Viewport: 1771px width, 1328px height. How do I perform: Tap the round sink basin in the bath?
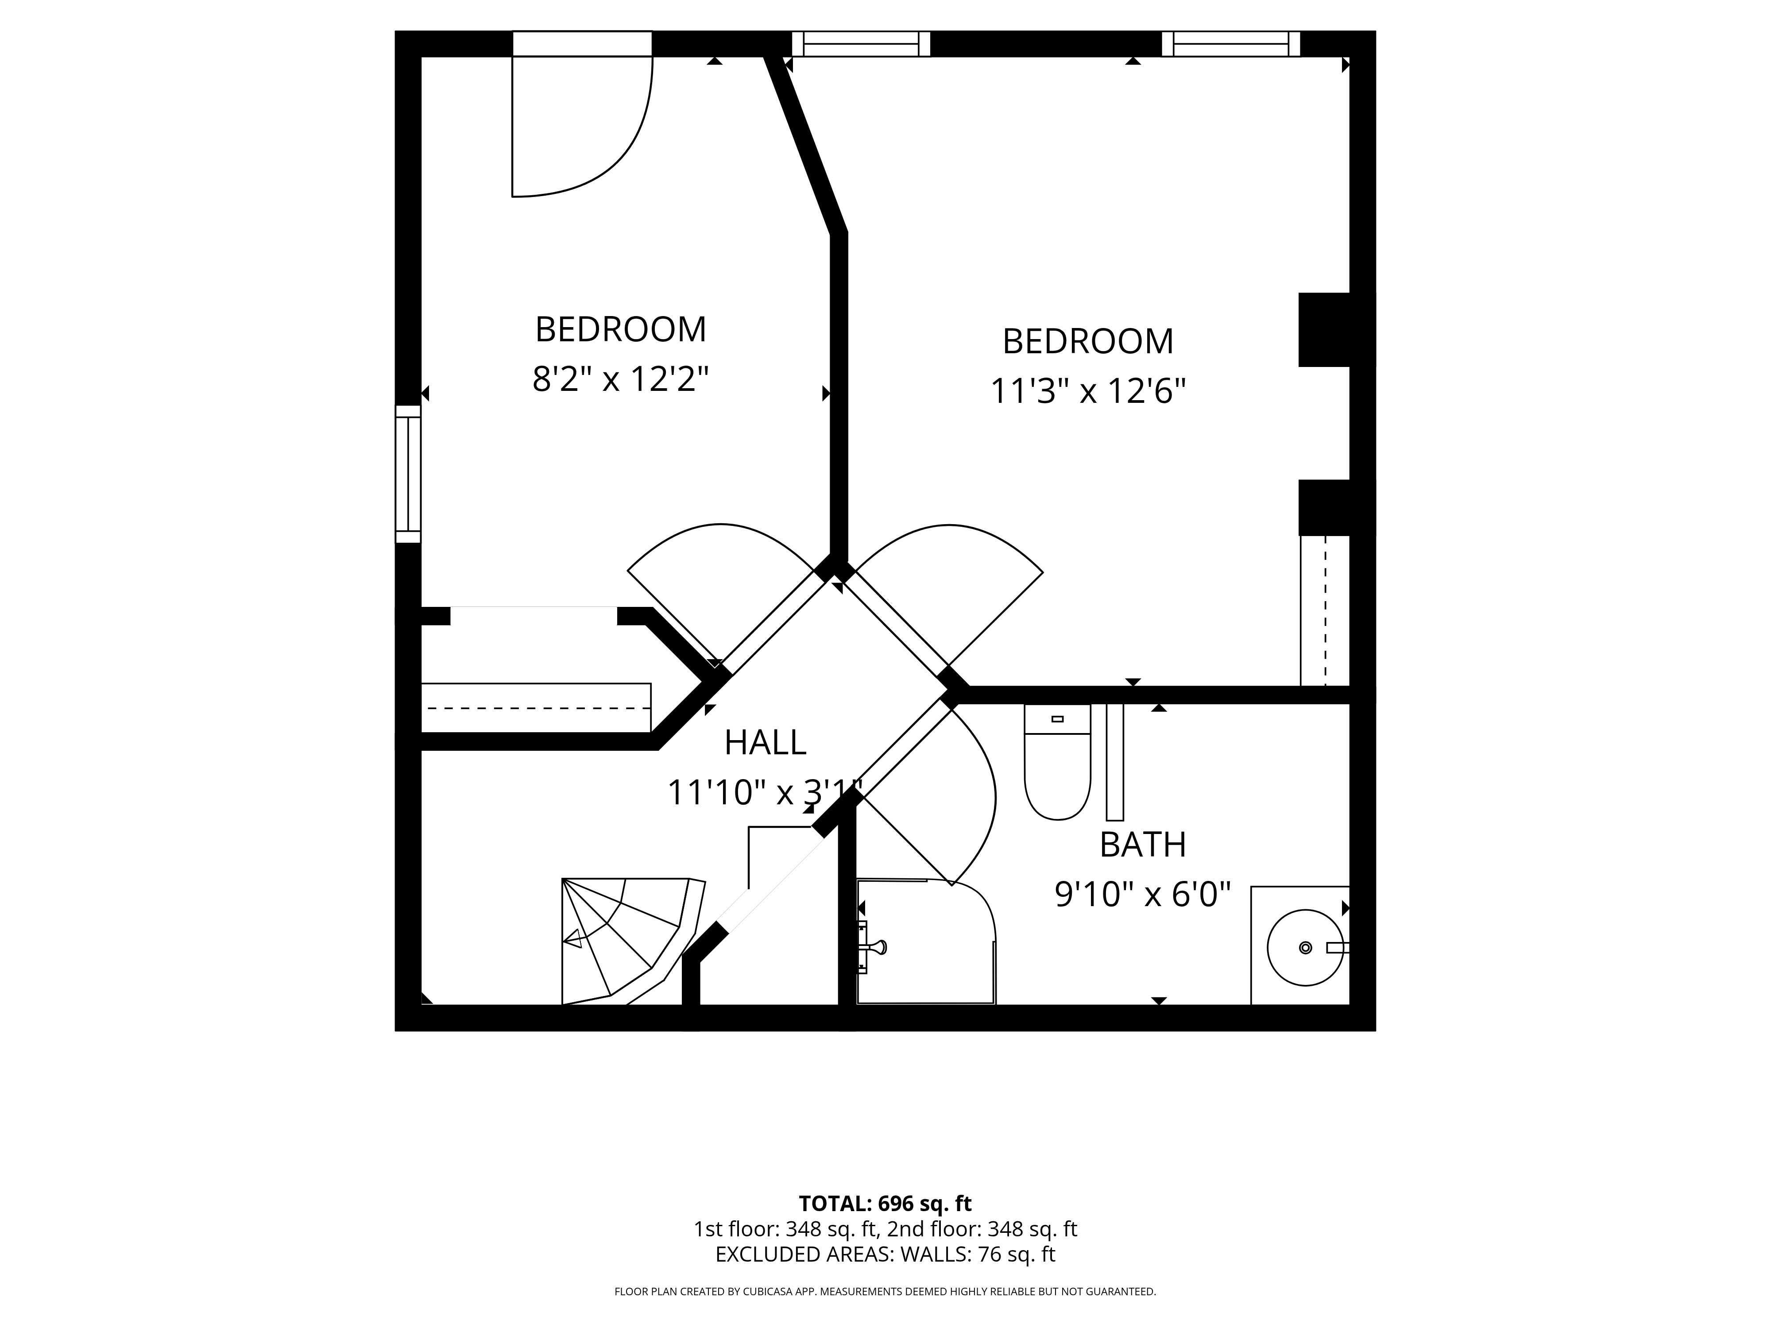coord(1305,948)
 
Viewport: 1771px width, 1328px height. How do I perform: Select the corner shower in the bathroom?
coord(926,942)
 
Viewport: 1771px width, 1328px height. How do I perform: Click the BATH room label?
coord(1142,845)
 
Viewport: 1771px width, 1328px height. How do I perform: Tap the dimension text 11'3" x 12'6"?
coord(1088,391)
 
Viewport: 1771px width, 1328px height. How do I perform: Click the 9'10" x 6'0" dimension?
coord(1142,894)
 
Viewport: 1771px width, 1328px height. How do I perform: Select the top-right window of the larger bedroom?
coord(1230,44)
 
